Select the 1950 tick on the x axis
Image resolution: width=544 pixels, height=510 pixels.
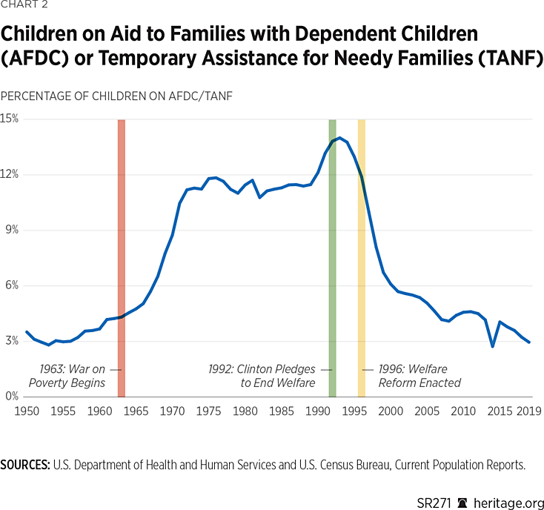pos(27,411)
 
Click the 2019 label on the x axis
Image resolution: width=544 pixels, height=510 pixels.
pos(529,411)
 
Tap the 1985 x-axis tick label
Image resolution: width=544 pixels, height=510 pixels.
pos(281,411)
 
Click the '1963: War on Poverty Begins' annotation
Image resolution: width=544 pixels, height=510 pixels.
pos(73,376)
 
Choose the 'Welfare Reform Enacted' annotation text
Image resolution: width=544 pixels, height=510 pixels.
pos(419,376)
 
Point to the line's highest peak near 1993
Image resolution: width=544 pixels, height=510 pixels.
pos(339,138)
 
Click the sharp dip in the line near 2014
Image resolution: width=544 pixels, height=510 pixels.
pos(493,346)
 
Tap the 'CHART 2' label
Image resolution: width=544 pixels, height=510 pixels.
pos(26,7)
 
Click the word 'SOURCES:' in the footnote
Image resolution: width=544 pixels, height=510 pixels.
pos(25,466)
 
